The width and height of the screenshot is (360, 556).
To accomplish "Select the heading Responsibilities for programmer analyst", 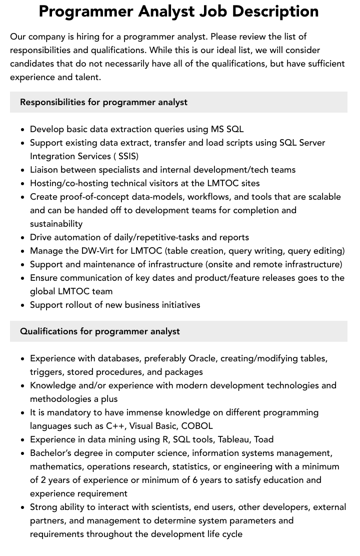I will [x=103, y=102].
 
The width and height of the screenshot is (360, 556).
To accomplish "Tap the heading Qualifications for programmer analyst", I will [x=100, y=331].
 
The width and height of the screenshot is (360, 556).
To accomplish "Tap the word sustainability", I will [x=56, y=224].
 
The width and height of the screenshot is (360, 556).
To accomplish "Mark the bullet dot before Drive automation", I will [x=23, y=238].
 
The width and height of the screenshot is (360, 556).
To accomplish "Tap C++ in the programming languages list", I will [x=116, y=426].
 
